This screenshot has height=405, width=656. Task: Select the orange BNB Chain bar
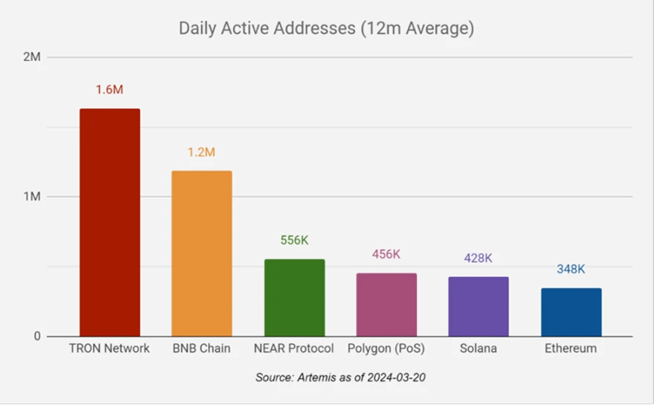coord(202,253)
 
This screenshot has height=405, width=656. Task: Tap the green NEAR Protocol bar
coord(294,297)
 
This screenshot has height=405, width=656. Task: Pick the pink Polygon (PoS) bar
coord(386,304)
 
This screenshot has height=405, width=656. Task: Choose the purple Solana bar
coord(478,306)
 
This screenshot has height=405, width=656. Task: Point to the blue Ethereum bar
coord(571,312)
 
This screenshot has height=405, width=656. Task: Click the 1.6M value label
coord(109,89)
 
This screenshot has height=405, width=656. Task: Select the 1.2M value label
coord(201,152)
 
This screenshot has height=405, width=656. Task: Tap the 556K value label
coord(294,240)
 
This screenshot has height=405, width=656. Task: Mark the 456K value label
coord(386,254)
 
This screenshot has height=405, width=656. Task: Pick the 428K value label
coord(478,258)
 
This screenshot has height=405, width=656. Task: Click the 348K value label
coord(571,269)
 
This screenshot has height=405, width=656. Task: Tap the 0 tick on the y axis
coord(36,337)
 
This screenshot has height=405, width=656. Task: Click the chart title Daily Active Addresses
coord(326,29)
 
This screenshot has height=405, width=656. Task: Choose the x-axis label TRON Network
coord(109,348)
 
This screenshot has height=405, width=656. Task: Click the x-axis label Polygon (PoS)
coord(386,348)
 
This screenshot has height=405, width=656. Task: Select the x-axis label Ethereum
coord(571,348)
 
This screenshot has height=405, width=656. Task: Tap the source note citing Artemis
coord(340,377)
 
